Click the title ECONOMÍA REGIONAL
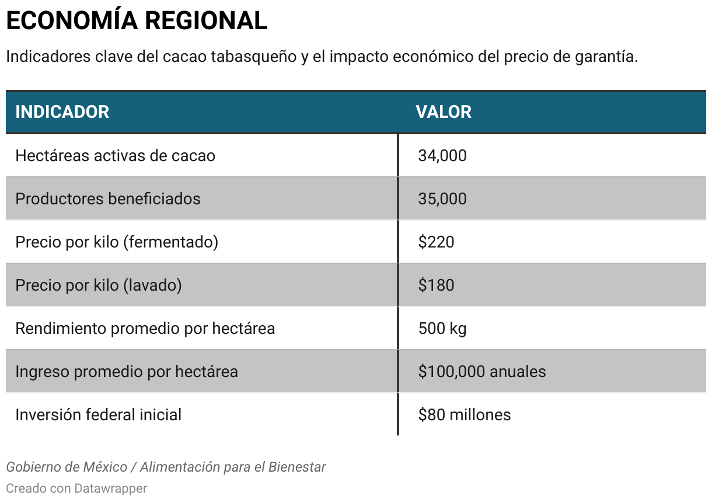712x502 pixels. point(137,21)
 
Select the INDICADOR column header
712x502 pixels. point(62,111)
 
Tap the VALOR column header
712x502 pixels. point(444,111)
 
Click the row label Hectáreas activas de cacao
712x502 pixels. point(115,156)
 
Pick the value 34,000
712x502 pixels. point(442,156)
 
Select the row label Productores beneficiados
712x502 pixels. point(108,199)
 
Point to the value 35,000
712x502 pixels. point(442,199)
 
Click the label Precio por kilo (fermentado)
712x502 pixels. point(117,242)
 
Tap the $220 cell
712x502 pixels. point(436,242)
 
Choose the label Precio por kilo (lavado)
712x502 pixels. point(99,285)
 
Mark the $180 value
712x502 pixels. point(436,285)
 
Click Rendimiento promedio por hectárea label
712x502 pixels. point(145,329)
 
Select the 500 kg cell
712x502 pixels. point(442,329)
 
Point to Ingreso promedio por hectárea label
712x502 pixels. point(127,372)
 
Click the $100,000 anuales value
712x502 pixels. point(482,372)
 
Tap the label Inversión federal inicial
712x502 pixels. point(98,415)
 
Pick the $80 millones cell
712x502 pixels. point(465,415)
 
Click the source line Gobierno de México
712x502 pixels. point(166,467)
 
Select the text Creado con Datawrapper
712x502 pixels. point(76,488)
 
